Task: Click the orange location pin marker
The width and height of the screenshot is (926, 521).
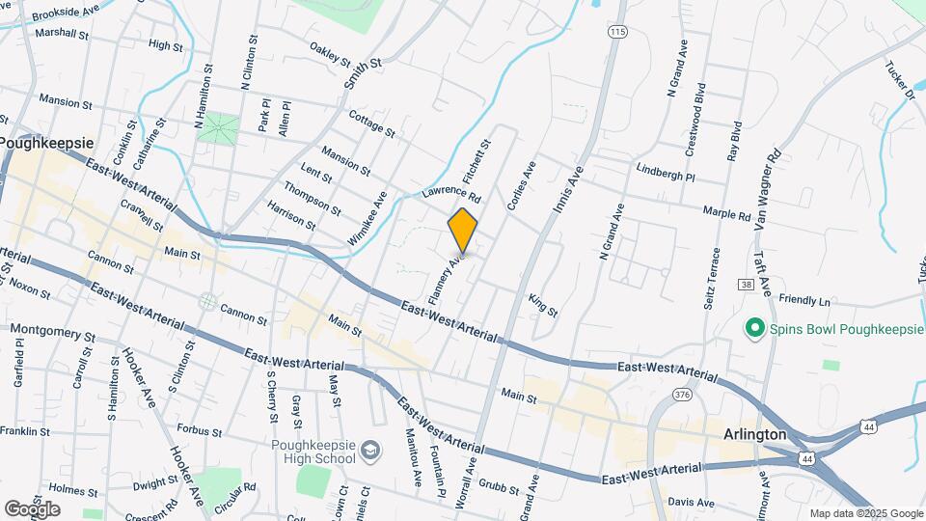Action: click(463, 231)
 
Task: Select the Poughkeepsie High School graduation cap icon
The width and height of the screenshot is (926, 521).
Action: click(370, 451)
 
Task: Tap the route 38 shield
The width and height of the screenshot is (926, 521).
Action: click(746, 284)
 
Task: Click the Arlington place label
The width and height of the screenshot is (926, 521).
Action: click(755, 435)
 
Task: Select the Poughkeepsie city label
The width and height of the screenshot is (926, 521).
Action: click(46, 142)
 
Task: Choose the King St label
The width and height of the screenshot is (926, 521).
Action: click(543, 306)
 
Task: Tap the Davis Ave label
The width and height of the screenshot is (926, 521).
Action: click(691, 503)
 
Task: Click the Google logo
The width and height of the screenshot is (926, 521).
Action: click(32, 508)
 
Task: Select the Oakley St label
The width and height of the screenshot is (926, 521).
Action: click(331, 52)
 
